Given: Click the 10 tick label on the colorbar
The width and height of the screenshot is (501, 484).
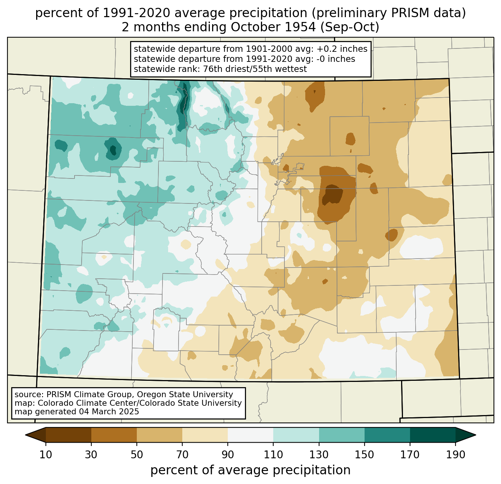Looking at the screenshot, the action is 45,455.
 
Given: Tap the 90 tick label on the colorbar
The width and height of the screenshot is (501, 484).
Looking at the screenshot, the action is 228,455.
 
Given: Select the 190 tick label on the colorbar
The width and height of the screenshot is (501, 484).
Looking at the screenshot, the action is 456,455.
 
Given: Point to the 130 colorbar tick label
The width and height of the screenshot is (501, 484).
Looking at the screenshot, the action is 319,455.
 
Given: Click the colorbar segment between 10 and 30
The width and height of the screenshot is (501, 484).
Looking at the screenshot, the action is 69,435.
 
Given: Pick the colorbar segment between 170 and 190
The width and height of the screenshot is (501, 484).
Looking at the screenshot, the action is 432,435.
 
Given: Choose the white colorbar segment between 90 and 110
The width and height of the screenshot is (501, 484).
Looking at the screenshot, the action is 250,435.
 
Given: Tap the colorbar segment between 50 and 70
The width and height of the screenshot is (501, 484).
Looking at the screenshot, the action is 160,435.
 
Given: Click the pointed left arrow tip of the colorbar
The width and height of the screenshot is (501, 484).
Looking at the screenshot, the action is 25,435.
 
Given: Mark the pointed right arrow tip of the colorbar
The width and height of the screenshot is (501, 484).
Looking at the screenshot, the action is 476,435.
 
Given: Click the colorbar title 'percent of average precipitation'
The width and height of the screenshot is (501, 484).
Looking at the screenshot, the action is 250,470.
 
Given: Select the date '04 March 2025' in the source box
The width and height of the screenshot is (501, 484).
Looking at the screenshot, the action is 109,411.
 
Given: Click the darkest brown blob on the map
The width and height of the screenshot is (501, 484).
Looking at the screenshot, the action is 332,194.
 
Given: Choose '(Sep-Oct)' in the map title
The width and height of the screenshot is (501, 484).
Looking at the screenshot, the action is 350,27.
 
